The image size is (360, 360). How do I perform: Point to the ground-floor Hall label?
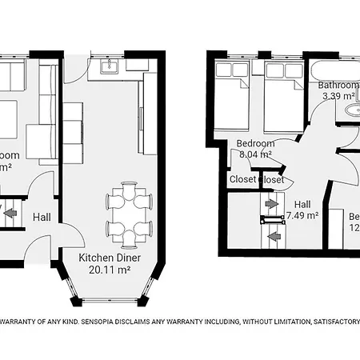click(42, 216)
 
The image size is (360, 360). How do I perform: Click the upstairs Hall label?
click(302, 203)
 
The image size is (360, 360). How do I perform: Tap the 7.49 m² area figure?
click(302, 215)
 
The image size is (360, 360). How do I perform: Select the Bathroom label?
click(339, 85)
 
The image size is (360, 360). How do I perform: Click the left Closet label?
click(242, 180)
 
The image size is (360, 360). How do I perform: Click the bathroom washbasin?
click(349, 111)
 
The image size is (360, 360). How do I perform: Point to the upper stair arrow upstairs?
click(272, 204)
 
